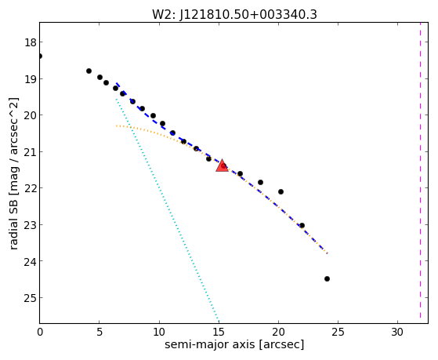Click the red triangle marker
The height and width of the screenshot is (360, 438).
coord(222,165)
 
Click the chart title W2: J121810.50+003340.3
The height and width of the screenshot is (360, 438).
coord(234,15)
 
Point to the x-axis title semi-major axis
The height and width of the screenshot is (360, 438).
coord(234,344)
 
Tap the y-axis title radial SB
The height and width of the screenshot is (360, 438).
coord(14,173)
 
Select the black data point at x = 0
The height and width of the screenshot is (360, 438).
coord(40,56)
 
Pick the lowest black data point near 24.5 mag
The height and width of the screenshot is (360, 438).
coord(327,278)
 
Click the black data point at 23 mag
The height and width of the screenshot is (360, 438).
coord(302,225)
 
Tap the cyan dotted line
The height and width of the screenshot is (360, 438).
coord(168,210)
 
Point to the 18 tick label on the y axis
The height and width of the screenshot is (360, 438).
coord(30,42)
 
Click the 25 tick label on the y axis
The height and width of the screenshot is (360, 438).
coord(30,298)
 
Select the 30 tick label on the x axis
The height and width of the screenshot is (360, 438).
coord(397,332)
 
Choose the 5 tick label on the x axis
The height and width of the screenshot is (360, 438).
coord(100,332)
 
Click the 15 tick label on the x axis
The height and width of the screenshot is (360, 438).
coord(219,332)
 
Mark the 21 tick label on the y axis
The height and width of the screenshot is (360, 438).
coord(30,152)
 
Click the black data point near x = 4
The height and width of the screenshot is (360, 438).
coord(89,71)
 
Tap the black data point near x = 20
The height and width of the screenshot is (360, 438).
coord(281,191)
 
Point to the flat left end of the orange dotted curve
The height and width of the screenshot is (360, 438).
coord(117,125)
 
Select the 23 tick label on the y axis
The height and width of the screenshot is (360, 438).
coord(30,225)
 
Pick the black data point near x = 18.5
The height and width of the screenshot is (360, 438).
coord(261,183)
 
